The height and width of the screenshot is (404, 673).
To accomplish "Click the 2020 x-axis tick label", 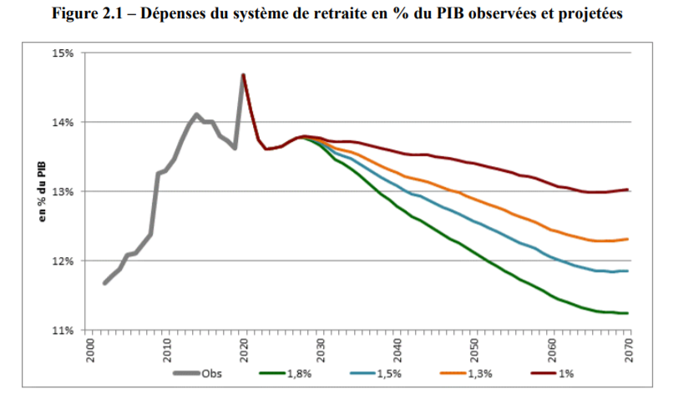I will click(243, 347).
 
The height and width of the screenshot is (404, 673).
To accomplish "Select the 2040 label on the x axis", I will click(397, 347).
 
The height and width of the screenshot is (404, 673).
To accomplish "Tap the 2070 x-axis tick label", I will click(628, 347).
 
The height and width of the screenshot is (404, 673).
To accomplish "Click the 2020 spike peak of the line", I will click(243, 75).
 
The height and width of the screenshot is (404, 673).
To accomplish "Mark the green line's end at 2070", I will click(628, 313).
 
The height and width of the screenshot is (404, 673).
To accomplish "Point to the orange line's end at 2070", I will click(628, 239).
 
